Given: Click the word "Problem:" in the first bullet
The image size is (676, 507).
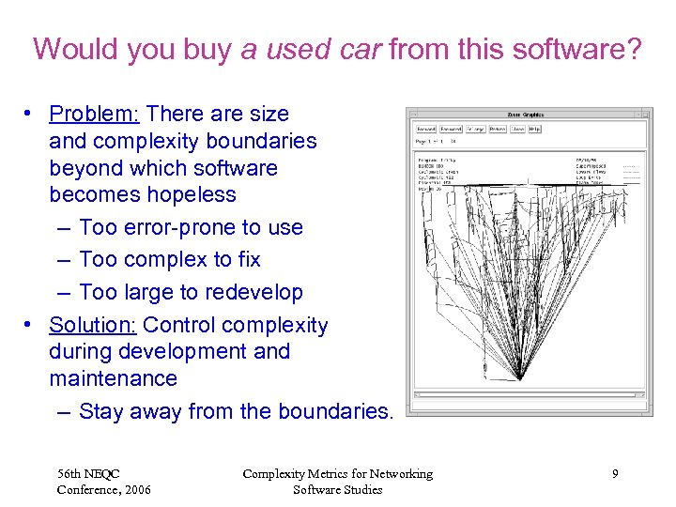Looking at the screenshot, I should [x=94, y=115].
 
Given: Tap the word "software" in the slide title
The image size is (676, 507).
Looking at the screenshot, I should [x=574, y=49].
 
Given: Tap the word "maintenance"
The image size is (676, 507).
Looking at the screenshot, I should [x=113, y=379].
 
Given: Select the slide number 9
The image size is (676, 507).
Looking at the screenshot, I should [x=615, y=474].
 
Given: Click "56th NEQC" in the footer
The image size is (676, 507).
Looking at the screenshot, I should [x=88, y=473].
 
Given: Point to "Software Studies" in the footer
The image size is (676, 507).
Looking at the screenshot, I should [x=337, y=489].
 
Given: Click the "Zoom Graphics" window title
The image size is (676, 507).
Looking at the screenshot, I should [x=526, y=115].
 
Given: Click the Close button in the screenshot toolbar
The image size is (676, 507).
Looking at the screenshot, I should [x=517, y=129].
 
